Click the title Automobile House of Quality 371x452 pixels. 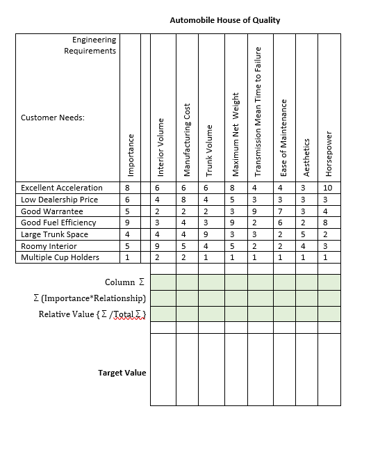[224, 20]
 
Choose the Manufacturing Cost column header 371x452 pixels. [186, 140]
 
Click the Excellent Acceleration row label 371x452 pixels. [62, 188]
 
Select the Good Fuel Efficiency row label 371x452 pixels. [58, 223]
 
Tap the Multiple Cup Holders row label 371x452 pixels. [60, 257]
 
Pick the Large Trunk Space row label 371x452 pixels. [54, 234]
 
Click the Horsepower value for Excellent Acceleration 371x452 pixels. [329, 188]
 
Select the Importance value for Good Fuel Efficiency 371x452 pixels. [127, 223]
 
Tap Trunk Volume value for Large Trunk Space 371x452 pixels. [207, 234]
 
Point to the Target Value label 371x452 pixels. [122, 373]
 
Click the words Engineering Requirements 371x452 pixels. [94, 45]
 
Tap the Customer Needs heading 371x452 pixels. [53, 118]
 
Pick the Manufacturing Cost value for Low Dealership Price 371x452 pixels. [183, 200]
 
